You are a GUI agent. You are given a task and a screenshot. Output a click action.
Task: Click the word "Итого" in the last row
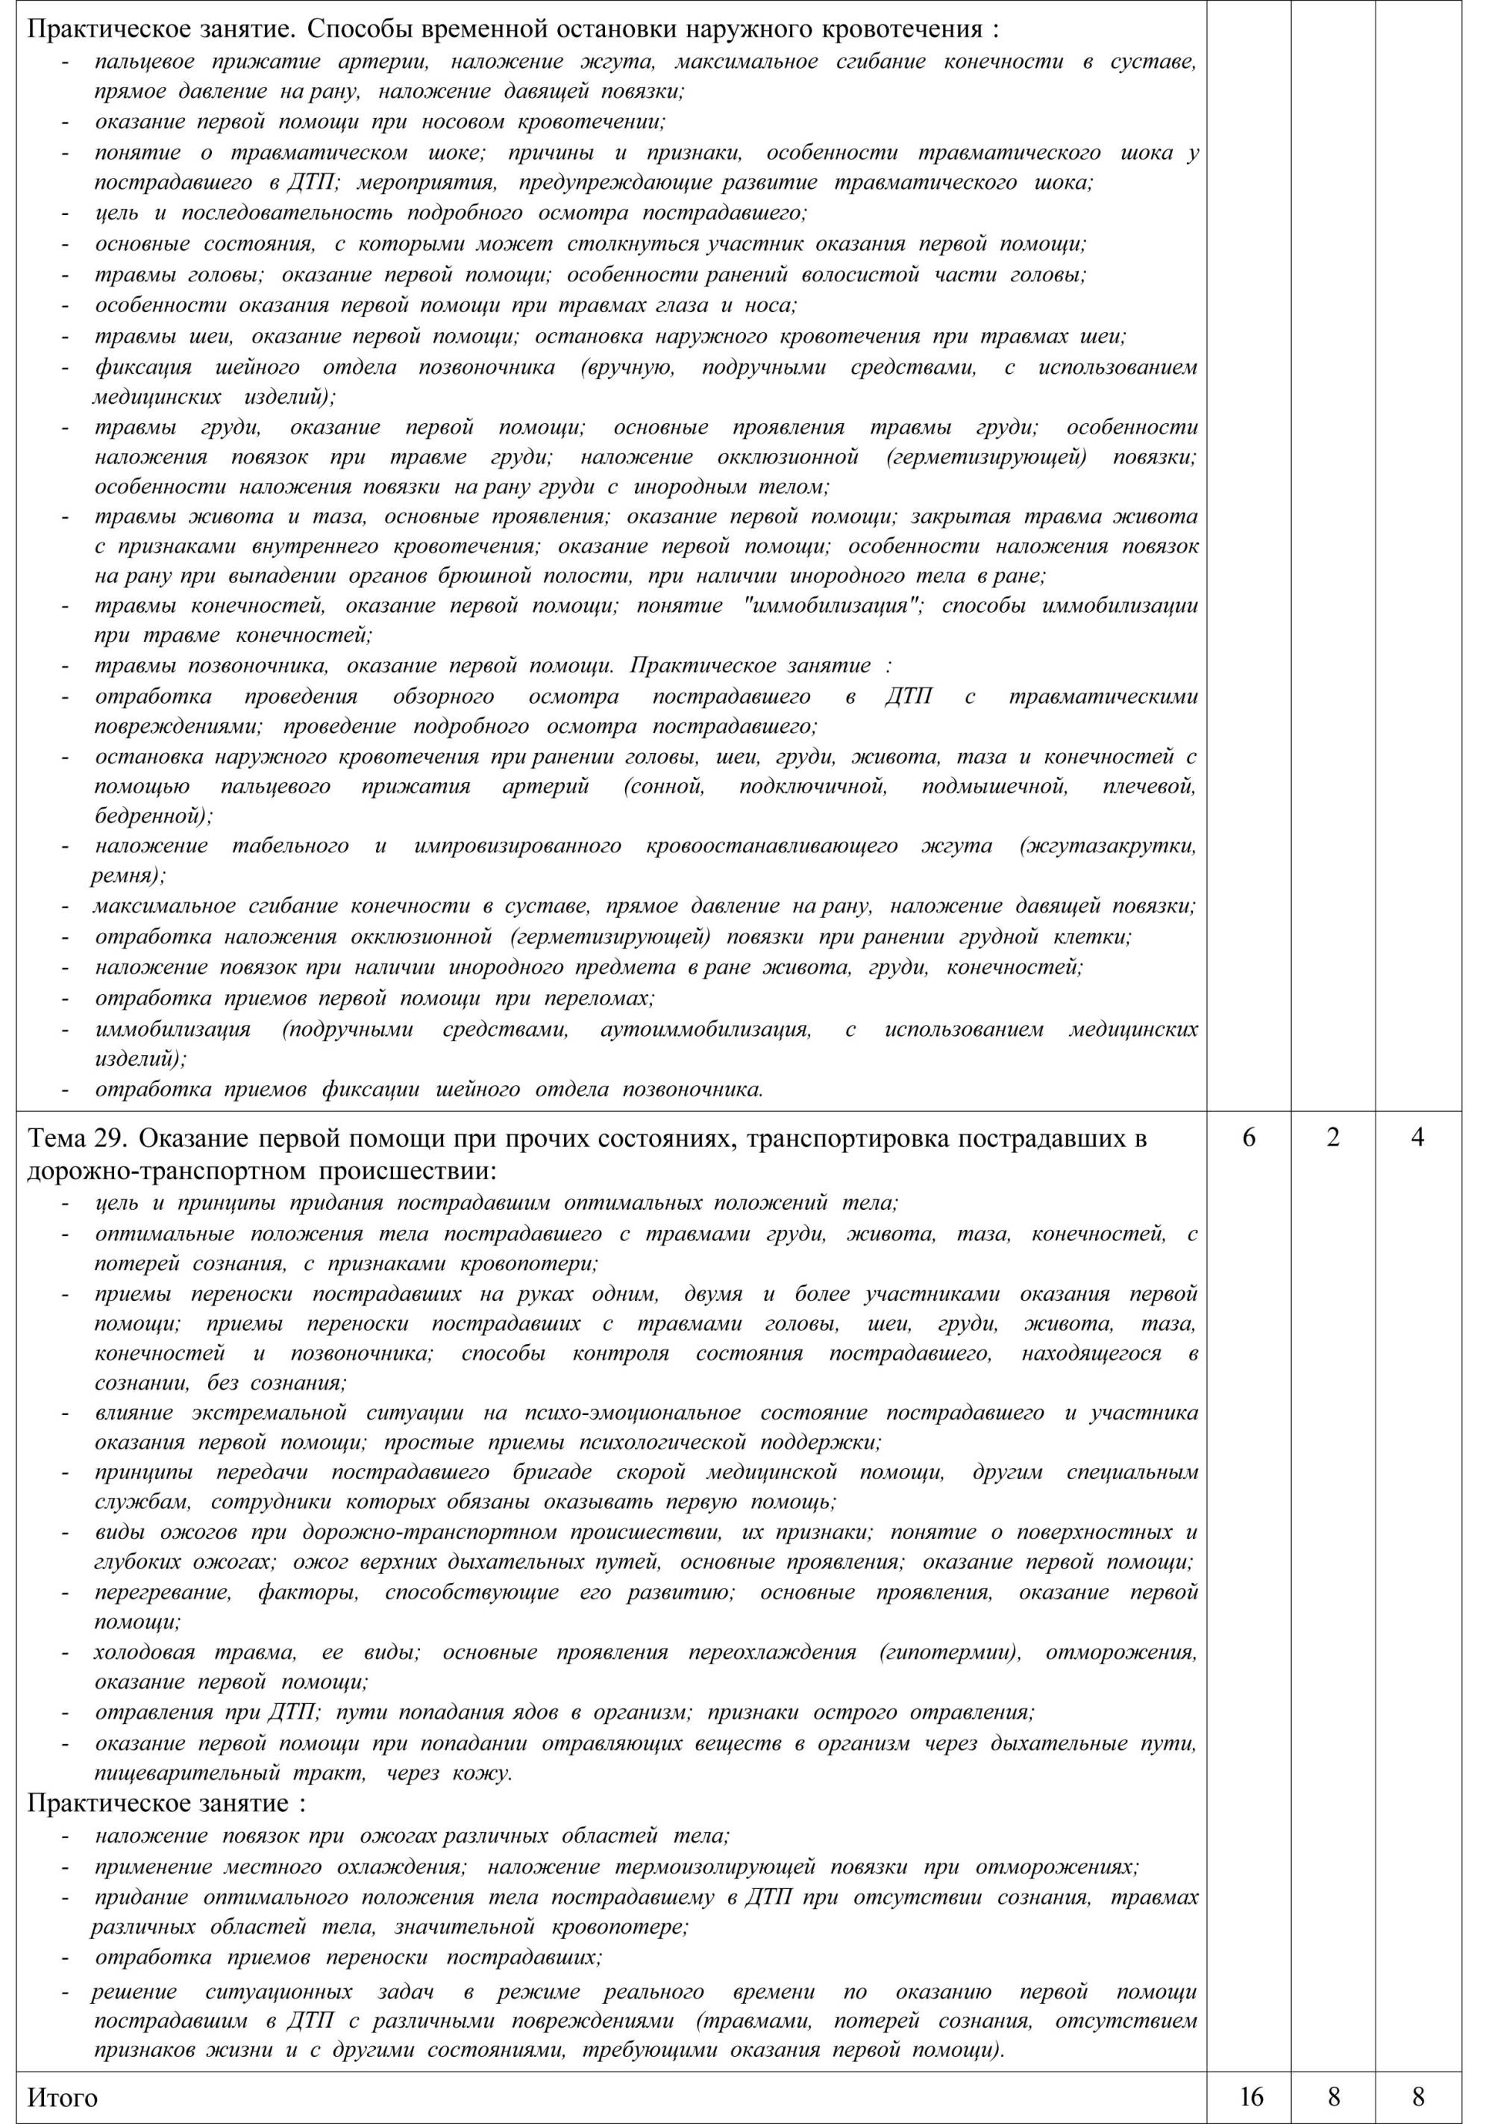(62, 2096)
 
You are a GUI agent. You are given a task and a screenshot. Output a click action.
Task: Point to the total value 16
(1249, 2096)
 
